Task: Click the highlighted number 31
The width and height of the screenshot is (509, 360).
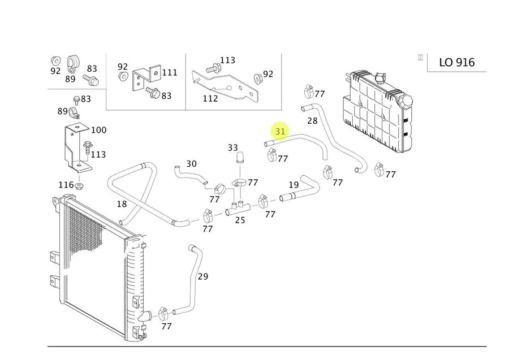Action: pyautogui.click(x=281, y=132)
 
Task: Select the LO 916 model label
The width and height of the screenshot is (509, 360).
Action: pyautogui.click(x=457, y=62)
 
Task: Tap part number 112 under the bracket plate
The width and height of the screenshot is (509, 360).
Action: pyautogui.click(x=210, y=98)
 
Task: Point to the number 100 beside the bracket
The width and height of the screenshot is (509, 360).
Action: pyautogui.click(x=98, y=130)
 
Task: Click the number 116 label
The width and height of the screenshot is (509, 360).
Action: pyautogui.click(x=66, y=185)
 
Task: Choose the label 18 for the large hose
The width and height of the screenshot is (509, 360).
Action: pyautogui.click(x=122, y=204)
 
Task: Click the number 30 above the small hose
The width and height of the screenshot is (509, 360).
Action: pyautogui.click(x=191, y=164)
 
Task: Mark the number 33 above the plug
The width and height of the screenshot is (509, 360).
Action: pyautogui.click(x=233, y=148)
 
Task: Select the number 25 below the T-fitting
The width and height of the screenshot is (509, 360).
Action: pyautogui.click(x=240, y=220)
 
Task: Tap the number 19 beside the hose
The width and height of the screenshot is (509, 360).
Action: pyautogui.click(x=294, y=185)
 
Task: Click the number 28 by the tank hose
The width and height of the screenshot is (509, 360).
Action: pyautogui.click(x=312, y=120)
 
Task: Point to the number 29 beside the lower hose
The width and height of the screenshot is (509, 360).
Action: pyautogui.click(x=203, y=276)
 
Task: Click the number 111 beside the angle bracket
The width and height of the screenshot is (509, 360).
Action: pyautogui.click(x=169, y=72)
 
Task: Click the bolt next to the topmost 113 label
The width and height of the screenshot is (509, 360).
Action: pyautogui.click(x=213, y=67)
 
